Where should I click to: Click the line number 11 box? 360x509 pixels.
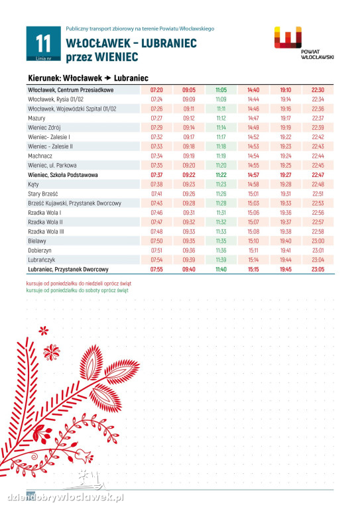click(x=44, y=44)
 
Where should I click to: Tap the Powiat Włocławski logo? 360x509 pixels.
click(x=304, y=43)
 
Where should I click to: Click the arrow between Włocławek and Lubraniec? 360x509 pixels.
click(x=108, y=78)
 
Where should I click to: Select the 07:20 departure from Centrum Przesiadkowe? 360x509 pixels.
click(x=156, y=90)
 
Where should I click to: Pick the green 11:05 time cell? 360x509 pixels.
click(x=221, y=90)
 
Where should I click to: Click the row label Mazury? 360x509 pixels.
click(x=36, y=118)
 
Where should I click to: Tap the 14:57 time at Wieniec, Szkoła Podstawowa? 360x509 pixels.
click(x=253, y=175)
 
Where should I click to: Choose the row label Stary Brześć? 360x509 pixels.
click(x=43, y=194)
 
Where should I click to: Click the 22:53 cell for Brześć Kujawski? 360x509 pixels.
click(x=318, y=203)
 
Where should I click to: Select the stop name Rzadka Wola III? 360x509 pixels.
click(x=46, y=232)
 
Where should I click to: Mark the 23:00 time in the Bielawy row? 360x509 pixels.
click(x=318, y=241)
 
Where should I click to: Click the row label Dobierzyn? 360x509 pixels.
click(x=40, y=251)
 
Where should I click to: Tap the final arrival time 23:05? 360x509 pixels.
click(x=318, y=270)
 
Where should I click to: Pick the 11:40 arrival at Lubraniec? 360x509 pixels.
click(x=221, y=270)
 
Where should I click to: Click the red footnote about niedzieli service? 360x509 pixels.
click(x=79, y=284)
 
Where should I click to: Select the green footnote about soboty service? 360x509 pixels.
click(x=78, y=290)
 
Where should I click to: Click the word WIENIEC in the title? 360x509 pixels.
click(x=116, y=57)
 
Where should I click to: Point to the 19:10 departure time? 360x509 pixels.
click(x=286, y=90)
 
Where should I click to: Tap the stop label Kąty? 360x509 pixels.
click(x=33, y=185)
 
